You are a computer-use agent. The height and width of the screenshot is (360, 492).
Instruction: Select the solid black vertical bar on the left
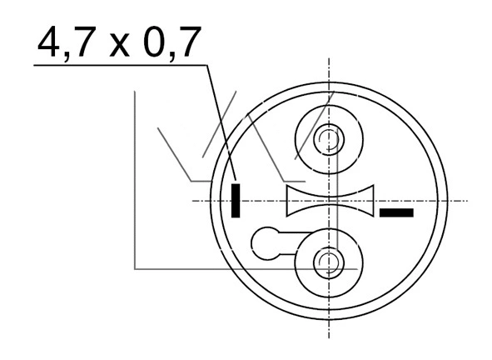click(x=236, y=199)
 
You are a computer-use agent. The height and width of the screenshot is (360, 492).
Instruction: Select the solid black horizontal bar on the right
click(x=396, y=212)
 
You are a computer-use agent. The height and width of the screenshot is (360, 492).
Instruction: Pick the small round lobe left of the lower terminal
click(x=266, y=243)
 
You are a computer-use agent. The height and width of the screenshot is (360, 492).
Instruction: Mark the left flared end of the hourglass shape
click(x=291, y=200)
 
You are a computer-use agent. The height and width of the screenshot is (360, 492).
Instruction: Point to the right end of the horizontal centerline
click(x=468, y=201)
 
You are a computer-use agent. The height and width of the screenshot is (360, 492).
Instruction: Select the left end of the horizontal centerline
click(x=193, y=201)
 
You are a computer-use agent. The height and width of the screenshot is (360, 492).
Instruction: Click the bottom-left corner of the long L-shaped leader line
click(x=135, y=268)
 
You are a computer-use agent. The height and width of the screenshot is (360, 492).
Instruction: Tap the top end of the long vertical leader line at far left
click(x=135, y=92)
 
